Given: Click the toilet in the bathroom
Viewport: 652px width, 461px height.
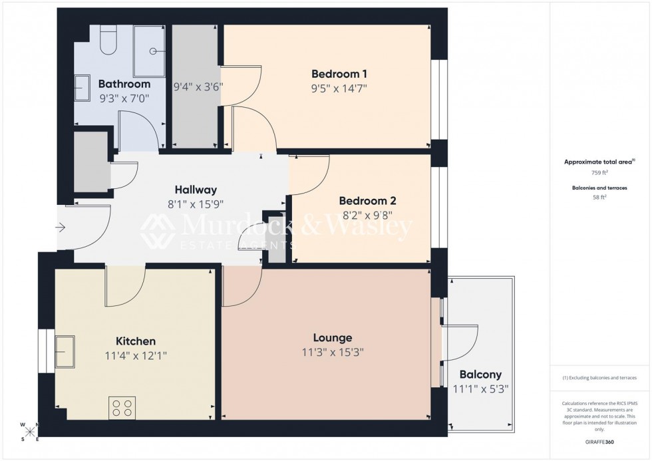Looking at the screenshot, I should click(x=106, y=43).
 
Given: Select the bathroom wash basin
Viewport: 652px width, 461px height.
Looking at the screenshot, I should click(x=82, y=88).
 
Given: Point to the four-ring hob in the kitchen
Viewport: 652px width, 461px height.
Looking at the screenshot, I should click(x=122, y=407).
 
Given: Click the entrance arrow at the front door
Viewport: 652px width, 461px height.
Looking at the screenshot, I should click(x=61, y=228).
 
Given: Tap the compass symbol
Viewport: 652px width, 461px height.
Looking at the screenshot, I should click(x=30, y=432).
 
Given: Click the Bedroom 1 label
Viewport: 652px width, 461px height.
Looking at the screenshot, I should click(x=339, y=73).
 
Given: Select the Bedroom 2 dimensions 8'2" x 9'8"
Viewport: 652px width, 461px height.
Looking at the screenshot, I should click(x=367, y=216).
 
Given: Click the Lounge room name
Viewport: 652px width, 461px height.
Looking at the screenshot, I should click(x=333, y=338).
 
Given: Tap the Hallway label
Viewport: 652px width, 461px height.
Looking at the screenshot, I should click(x=196, y=190).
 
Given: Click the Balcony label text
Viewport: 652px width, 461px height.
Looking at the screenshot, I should click(x=477, y=375).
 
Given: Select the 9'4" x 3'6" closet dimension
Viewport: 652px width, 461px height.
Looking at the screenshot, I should click(x=198, y=86).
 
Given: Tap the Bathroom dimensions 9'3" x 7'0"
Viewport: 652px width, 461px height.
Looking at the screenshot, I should click(x=124, y=98).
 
